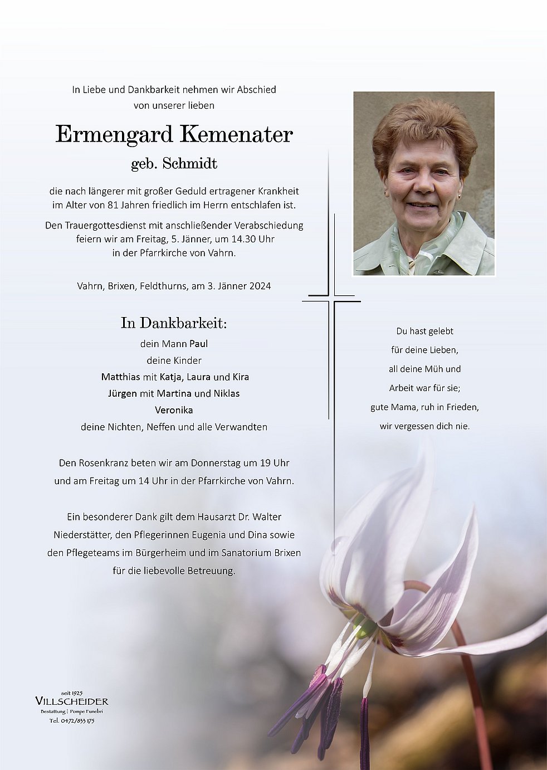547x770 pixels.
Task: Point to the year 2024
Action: point(260,286)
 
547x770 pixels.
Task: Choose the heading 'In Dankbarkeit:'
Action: point(174,323)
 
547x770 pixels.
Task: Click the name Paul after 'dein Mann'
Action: point(198,344)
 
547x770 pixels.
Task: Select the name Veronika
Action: point(174,410)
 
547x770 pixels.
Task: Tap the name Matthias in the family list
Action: point(121,377)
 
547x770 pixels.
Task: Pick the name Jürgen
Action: point(123,394)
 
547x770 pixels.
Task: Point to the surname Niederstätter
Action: point(82,535)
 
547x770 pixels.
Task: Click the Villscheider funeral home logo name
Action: point(71,701)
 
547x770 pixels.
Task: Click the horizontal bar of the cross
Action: point(331,301)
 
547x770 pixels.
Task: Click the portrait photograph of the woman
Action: point(424,184)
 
